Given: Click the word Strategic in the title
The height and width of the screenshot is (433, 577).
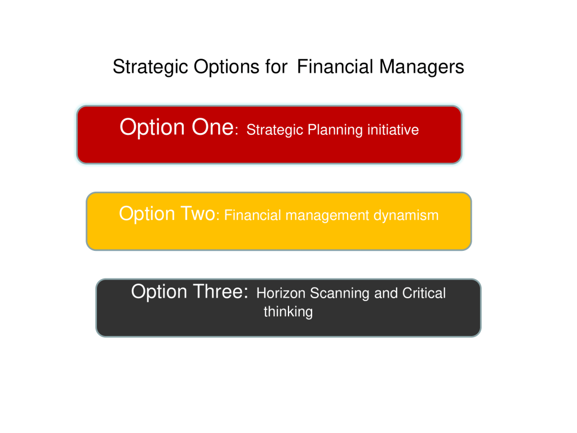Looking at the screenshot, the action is click(150, 68).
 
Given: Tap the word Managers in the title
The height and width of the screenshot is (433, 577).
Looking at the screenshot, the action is click(421, 67).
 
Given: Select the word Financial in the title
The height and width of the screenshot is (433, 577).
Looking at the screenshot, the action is click(335, 67).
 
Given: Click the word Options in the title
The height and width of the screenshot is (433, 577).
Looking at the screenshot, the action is click(227, 68).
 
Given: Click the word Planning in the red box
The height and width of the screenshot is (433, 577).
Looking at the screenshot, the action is click(335, 130).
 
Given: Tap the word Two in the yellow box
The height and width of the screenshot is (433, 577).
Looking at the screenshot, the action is click(198, 213).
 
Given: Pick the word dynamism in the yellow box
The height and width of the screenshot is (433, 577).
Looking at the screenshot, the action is click(406, 215).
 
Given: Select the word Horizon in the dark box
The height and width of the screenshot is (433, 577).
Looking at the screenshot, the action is click(281, 293).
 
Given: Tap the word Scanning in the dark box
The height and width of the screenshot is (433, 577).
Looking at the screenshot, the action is click(340, 293).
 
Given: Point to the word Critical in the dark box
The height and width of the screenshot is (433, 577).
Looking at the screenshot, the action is click(424, 293).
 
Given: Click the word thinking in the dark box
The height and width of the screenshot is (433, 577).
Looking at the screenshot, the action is click(288, 312).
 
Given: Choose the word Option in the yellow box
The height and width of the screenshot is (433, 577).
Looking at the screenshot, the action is click(147, 214).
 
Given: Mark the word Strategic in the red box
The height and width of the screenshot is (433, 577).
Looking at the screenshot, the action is click(274, 130).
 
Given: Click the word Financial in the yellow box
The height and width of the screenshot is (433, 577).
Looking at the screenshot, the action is click(252, 215).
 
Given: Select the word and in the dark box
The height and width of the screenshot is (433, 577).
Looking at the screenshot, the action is click(386, 293).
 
